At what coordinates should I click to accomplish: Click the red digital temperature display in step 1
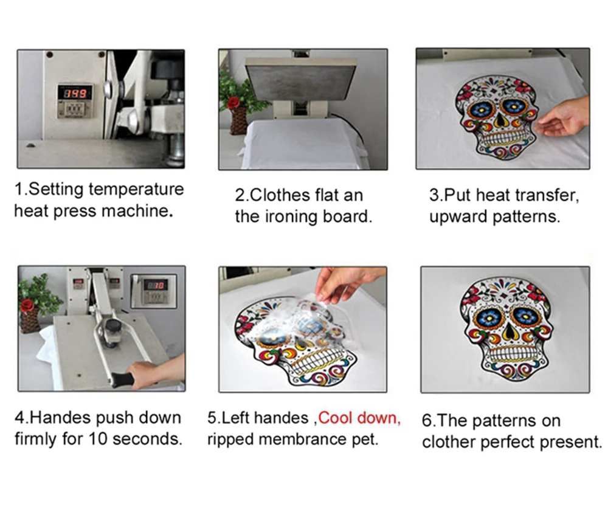(x=75, y=94)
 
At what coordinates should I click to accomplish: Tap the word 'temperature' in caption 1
(x=136, y=189)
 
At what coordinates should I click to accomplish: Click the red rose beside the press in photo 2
(x=233, y=102)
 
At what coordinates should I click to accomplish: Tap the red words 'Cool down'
(x=359, y=418)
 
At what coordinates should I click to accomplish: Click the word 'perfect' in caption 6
(x=507, y=442)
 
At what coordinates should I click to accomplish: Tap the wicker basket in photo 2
(x=238, y=121)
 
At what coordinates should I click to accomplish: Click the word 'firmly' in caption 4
(x=36, y=439)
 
